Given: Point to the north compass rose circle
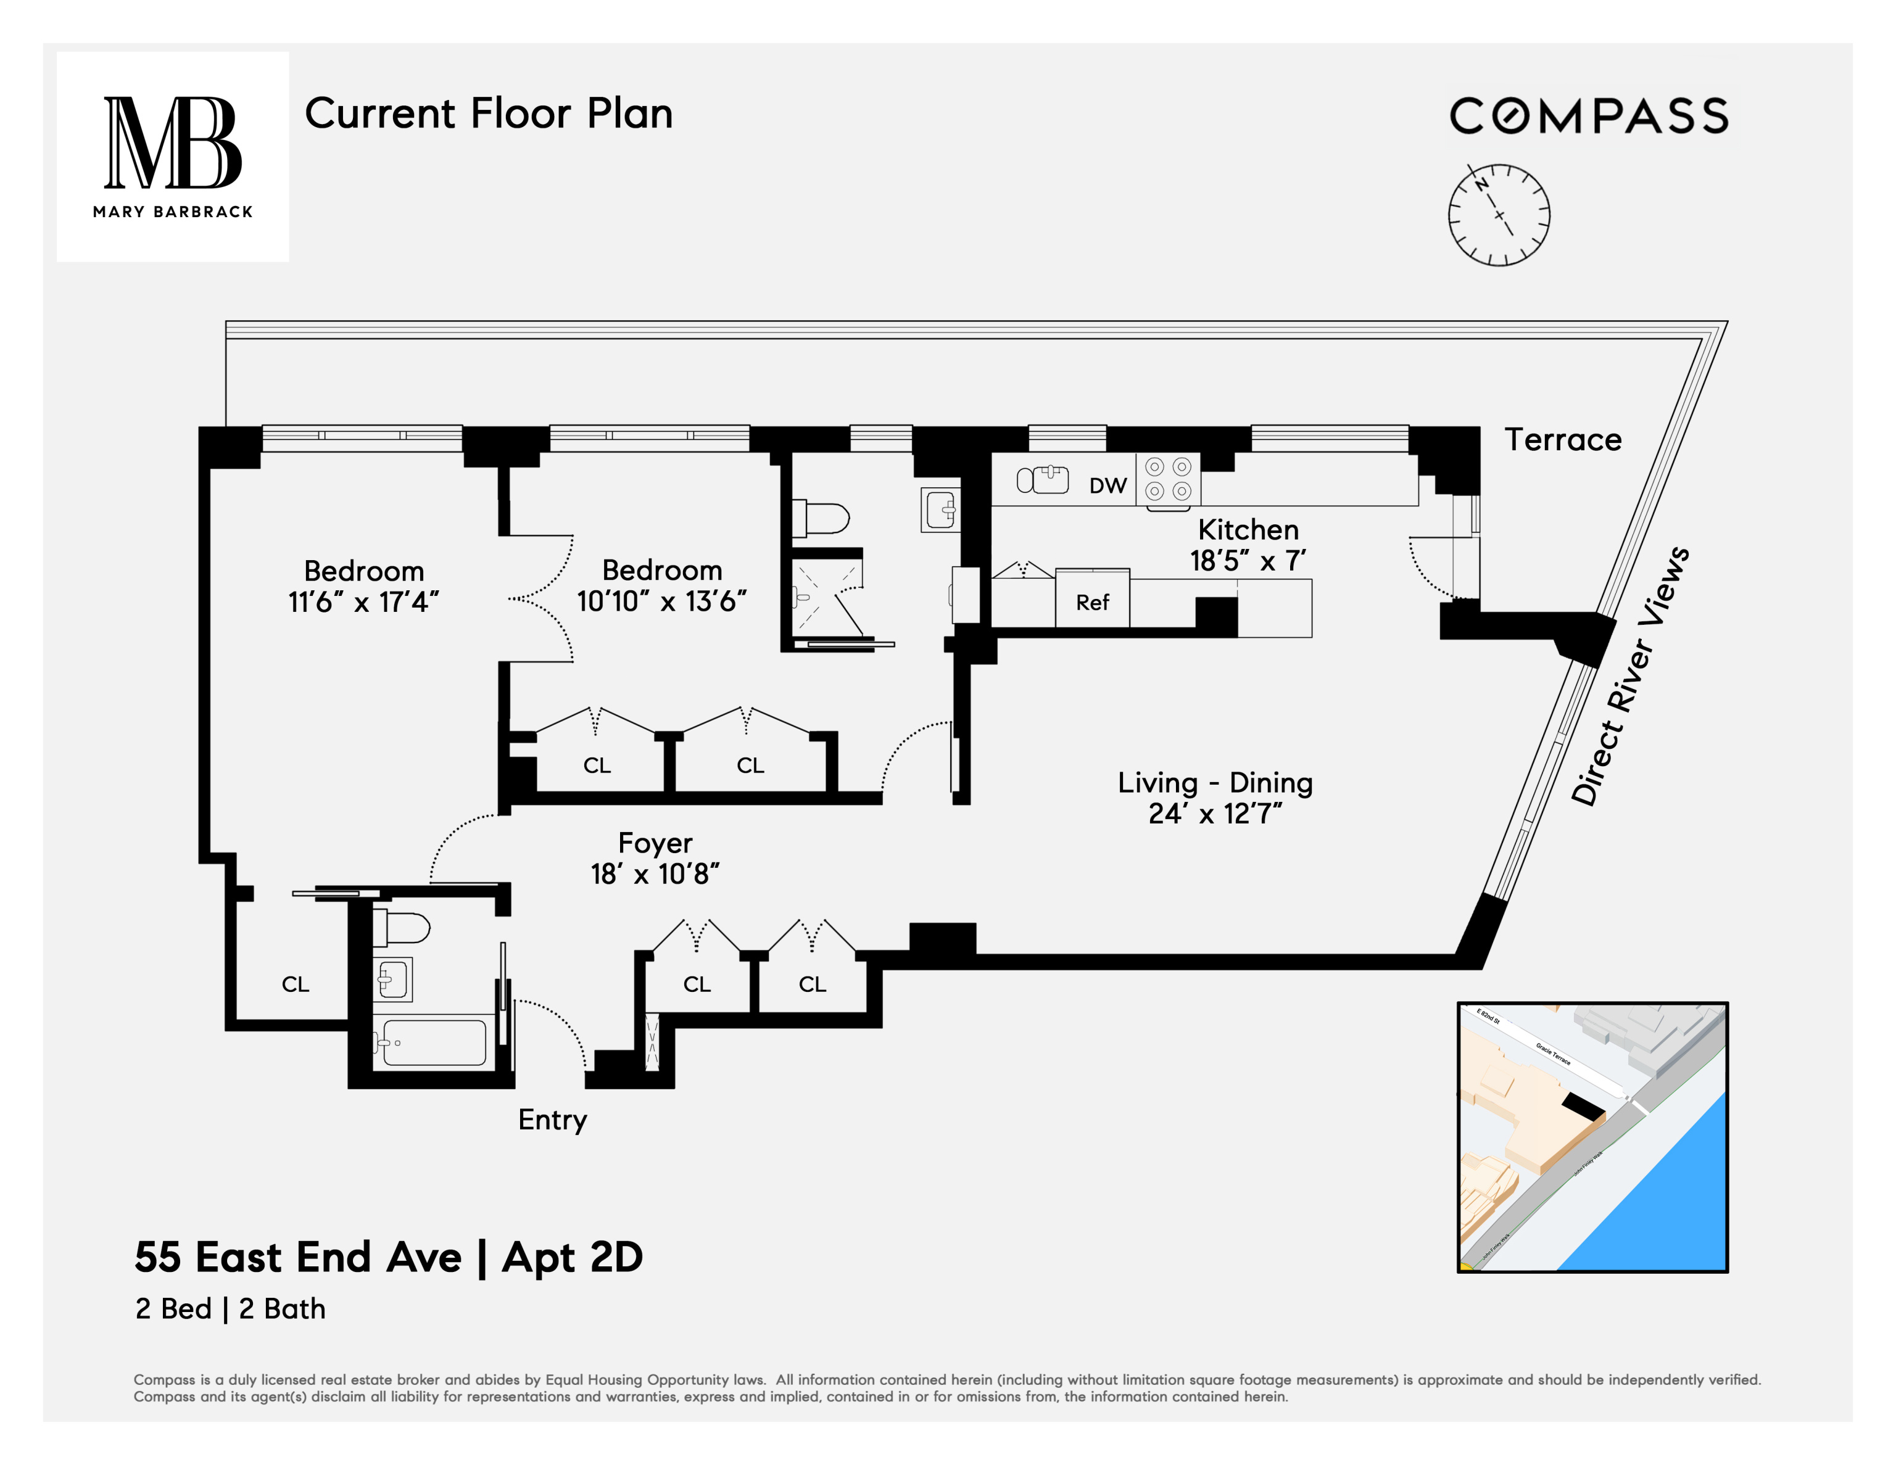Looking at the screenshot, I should pyautogui.click(x=1499, y=215).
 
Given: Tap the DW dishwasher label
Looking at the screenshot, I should pyautogui.click(x=1107, y=486).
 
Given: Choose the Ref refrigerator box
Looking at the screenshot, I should pyautogui.click(x=1092, y=601).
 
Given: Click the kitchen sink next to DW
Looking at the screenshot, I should pyautogui.click(x=1043, y=479).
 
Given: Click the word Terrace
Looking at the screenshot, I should pyautogui.click(x=1563, y=440).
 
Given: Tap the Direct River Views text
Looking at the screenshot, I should pyautogui.click(x=1629, y=677).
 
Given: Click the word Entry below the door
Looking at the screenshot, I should pyautogui.click(x=552, y=1120).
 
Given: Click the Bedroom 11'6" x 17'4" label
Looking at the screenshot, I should pyautogui.click(x=364, y=586).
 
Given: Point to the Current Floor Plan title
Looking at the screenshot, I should pyautogui.click(x=489, y=113).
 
